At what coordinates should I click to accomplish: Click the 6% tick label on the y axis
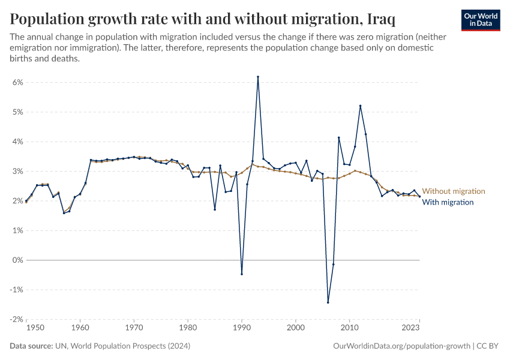(x=17, y=82)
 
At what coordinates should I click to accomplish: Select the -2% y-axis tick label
(x=16, y=319)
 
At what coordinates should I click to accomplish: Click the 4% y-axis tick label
(x=17, y=142)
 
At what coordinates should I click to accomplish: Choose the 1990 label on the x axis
(x=242, y=328)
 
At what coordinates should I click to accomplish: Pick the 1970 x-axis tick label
(x=134, y=328)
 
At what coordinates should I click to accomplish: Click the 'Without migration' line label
(x=454, y=191)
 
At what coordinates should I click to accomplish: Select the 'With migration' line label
(x=448, y=202)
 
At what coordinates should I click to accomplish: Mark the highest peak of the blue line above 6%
(x=258, y=77)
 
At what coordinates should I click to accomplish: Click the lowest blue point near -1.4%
(x=328, y=302)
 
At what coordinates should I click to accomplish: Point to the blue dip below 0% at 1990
(x=242, y=274)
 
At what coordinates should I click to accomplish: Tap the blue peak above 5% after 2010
(x=360, y=106)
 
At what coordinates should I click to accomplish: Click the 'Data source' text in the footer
(x=31, y=346)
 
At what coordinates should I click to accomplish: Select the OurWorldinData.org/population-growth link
(x=401, y=346)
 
